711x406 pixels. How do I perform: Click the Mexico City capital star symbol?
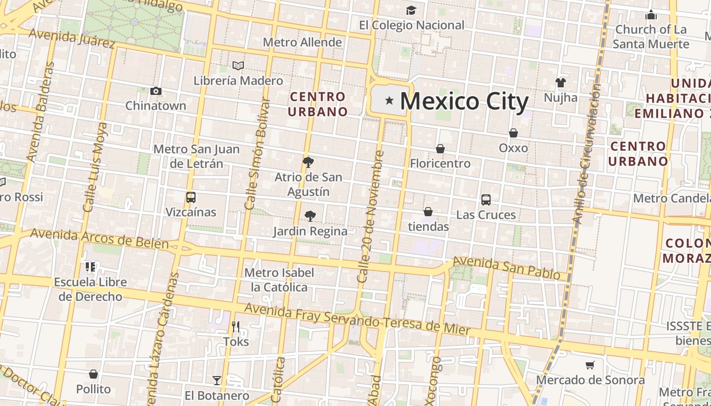390,100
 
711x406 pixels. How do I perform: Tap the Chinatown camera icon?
156,91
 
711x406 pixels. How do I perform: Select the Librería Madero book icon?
238,65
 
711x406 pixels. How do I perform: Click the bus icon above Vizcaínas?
191,197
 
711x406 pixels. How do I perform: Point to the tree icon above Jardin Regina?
310,216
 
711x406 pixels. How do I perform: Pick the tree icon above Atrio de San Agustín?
308,162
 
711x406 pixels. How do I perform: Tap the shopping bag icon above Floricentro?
440,149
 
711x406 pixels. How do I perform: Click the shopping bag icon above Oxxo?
513,133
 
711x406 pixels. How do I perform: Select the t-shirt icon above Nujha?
560,82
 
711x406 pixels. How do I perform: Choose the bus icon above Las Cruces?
486,200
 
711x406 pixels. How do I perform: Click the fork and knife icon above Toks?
236,327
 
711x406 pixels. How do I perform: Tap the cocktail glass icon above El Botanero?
217,380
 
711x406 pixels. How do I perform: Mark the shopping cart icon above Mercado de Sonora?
590,365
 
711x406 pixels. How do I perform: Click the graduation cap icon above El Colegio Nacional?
411,10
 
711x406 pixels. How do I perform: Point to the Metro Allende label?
302,42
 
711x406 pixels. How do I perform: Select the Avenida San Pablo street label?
506,267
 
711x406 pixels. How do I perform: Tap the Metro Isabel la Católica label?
279,280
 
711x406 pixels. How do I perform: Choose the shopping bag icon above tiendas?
428,212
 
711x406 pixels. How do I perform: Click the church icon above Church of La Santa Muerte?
651,15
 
